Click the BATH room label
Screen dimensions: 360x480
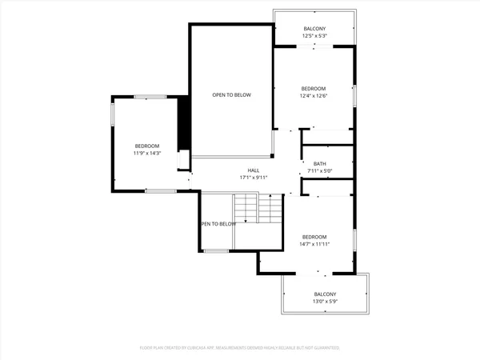[319, 164]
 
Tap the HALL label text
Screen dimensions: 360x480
[253, 170]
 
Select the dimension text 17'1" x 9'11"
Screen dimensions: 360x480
[253, 178]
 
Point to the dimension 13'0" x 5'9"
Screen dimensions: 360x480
[324, 302]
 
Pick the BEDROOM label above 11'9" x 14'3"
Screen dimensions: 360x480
[147, 146]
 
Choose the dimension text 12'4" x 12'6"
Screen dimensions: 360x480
[314, 96]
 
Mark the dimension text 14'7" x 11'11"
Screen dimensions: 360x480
[314, 244]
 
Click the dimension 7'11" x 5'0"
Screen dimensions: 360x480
[319, 171]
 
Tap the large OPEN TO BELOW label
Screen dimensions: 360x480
[231, 95]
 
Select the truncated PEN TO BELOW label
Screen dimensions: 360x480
[218, 224]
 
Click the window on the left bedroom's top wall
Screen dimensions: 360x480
[150, 97]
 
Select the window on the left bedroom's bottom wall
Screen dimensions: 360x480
[160, 191]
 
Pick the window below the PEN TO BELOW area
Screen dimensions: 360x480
[216, 251]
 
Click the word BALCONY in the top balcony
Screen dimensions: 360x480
[314, 29]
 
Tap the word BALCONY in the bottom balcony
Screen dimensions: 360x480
[325, 294]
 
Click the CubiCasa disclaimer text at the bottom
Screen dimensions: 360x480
[240, 348]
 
